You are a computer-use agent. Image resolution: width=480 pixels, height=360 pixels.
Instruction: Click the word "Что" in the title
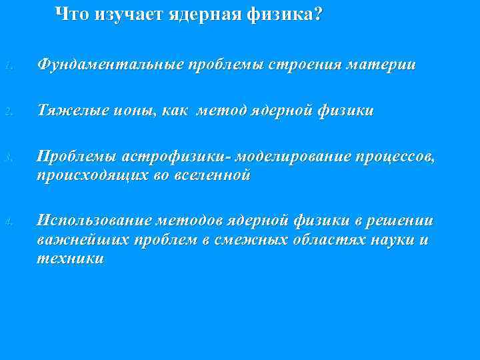click(x=71, y=14)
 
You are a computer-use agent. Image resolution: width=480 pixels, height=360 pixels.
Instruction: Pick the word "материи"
click(x=379, y=65)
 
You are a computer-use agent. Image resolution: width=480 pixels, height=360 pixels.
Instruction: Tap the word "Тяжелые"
click(x=69, y=111)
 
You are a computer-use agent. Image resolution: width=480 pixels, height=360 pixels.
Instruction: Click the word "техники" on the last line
click(x=71, y=259)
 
